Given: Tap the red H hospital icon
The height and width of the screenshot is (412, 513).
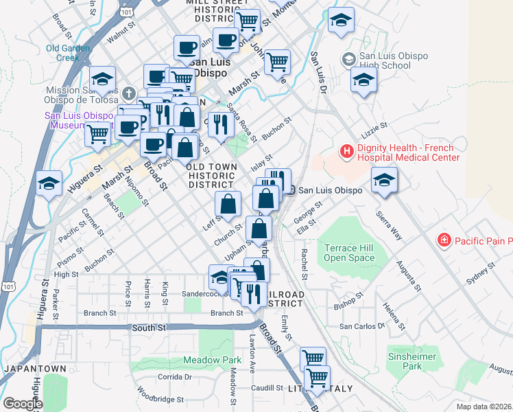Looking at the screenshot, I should pyautogui.click(x=347, y=150).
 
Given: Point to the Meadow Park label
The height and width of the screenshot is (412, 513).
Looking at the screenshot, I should pyautogui.click(x=212, y=360).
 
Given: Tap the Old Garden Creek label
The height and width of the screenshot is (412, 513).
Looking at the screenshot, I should pyautogui.click(x=64, y=53).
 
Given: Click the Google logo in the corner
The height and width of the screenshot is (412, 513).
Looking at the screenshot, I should pyautogui.click(x=23, y=403).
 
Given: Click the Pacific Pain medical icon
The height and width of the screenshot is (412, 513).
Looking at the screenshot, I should pyautogui.click(x=444, y=240).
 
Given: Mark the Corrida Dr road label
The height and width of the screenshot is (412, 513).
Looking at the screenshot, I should pyautogui.click(x=174, y=377).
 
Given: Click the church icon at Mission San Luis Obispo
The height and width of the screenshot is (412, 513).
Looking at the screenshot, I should pyautogui.click(x=130, y=92).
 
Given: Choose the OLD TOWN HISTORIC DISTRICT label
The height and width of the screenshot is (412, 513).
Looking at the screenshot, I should pyautogui.click(x=212, y=176).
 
